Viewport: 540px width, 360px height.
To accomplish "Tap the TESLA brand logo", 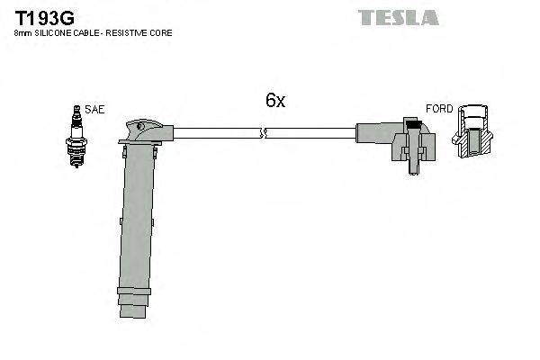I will [398, 17].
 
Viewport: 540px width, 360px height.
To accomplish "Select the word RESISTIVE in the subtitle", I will [131, 32].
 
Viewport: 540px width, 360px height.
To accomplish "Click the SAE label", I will [95, 109].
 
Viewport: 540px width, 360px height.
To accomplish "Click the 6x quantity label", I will [274, 101].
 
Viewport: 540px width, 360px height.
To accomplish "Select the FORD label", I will [439, 109].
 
